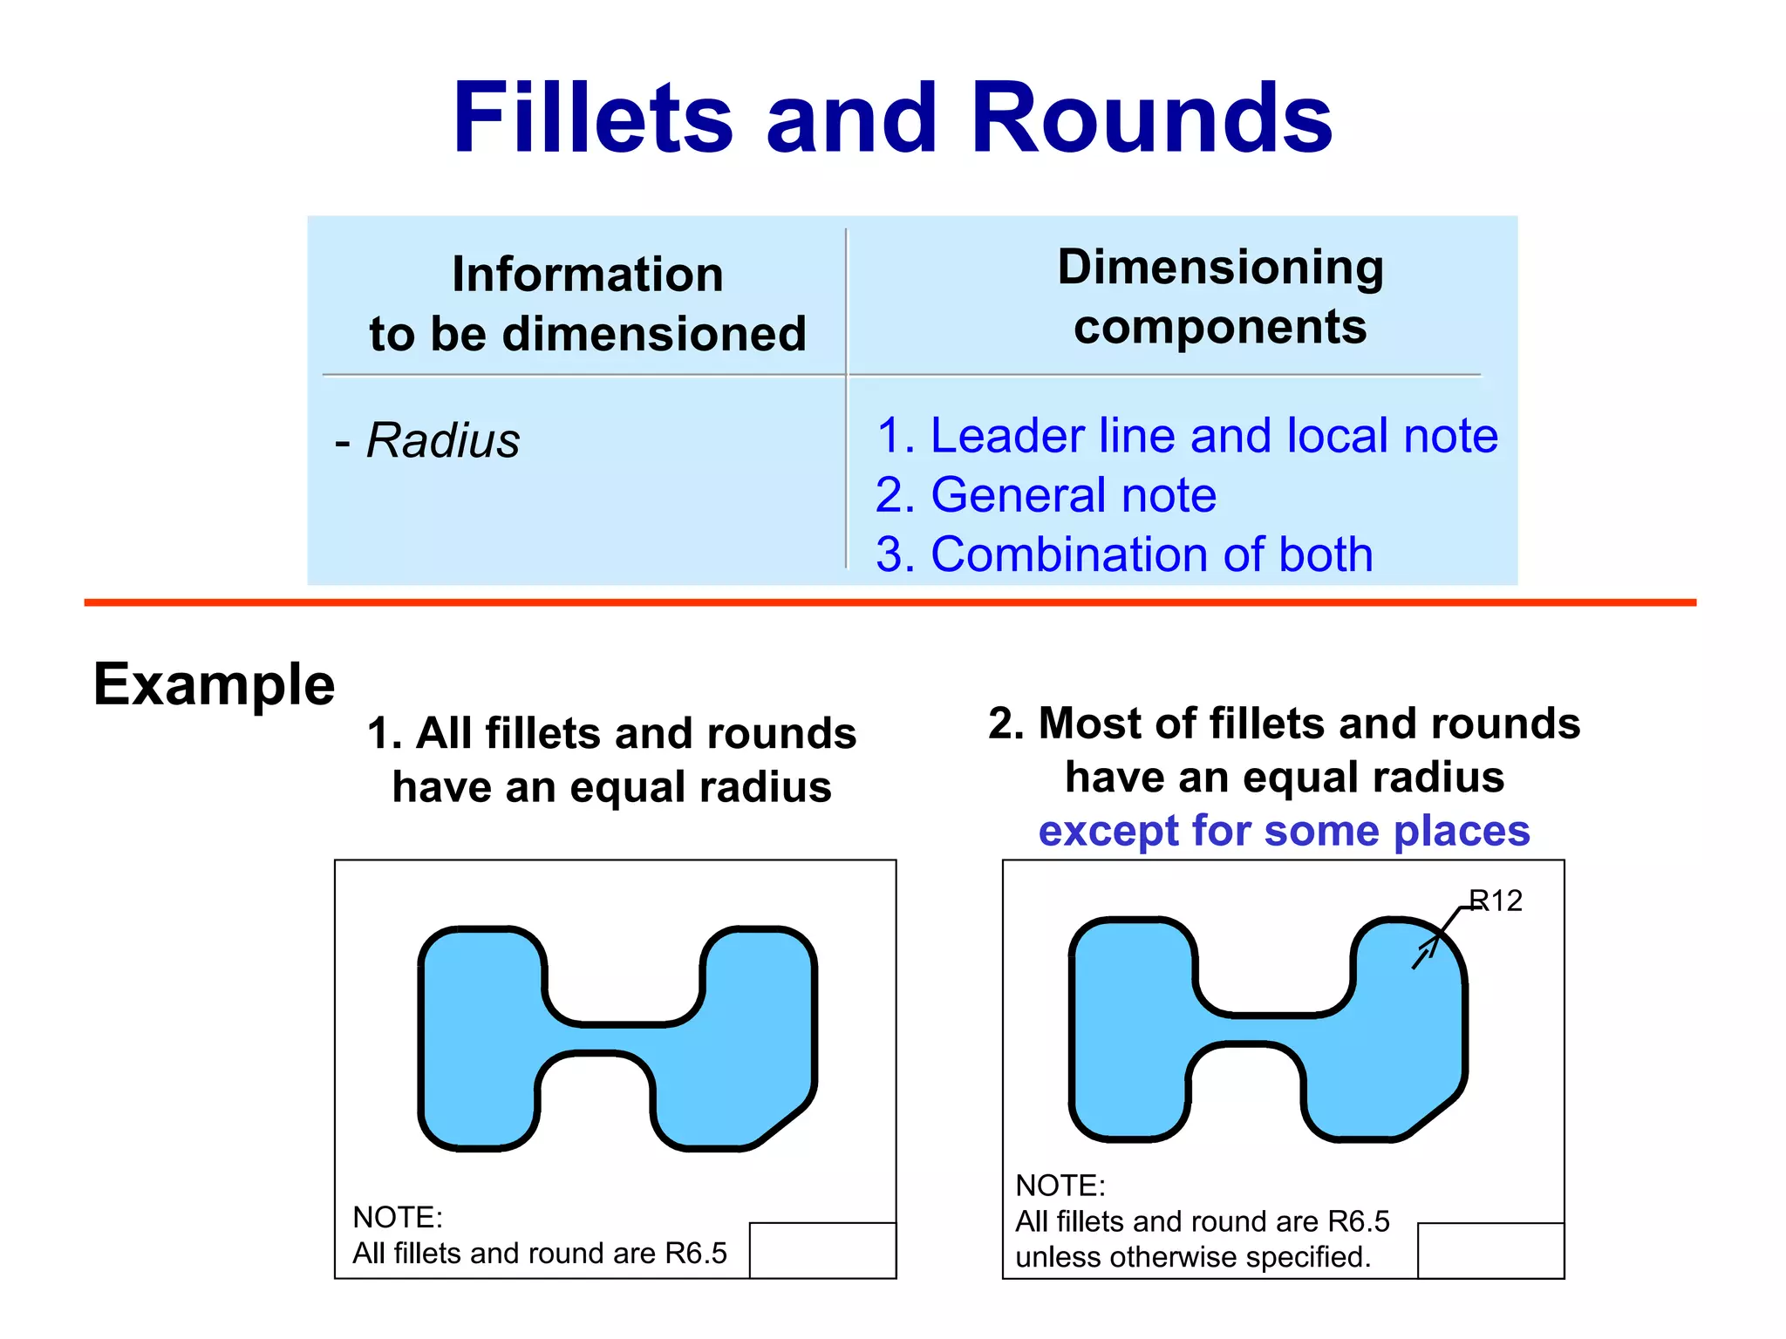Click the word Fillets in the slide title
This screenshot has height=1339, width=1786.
[x=593, y=118]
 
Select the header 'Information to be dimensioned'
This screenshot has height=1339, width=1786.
[x=587, y=303]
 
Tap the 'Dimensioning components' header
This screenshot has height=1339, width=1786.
[x=1220, y=296]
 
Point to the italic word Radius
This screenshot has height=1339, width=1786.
[x=442, y=440]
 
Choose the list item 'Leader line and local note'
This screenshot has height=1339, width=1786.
[x=1187, y=435]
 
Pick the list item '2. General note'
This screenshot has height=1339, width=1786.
[x=1046, y=495]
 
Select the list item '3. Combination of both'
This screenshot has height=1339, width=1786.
[x=1124, y=554]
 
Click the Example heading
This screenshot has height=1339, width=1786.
[x=214, y=684]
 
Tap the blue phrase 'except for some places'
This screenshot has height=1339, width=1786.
[x=1284, y=831]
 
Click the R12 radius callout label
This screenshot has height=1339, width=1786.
[x=1496, y=901]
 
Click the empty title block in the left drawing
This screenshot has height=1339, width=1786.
[x=822, y=1250]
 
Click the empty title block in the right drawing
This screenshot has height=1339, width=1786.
[x=1490, y=1250]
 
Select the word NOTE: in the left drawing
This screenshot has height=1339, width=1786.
[x=398, y=1217]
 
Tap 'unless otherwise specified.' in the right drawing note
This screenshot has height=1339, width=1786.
[x=1193, y=1257]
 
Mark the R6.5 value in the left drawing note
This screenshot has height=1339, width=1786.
[x=695, y=1254]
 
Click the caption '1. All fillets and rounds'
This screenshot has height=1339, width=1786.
[x=611, y=733]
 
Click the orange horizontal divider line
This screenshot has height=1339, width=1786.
[x=890, y=602]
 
